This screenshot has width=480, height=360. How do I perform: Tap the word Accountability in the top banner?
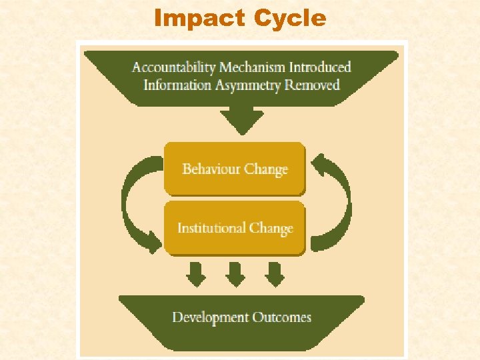coord(174,67)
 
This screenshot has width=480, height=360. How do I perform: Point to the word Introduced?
coord(321,67)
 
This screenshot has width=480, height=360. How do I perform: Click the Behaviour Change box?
coord(235,168)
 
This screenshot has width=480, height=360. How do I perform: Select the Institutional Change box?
coord(235,228)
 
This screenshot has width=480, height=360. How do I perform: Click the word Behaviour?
coord(211,168)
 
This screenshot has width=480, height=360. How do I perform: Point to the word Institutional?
coord(211,228)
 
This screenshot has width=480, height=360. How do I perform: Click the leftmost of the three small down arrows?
coord(195,273)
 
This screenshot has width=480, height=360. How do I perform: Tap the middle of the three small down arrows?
coord(235,273)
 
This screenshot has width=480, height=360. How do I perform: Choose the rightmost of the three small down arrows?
coord(274,273)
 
